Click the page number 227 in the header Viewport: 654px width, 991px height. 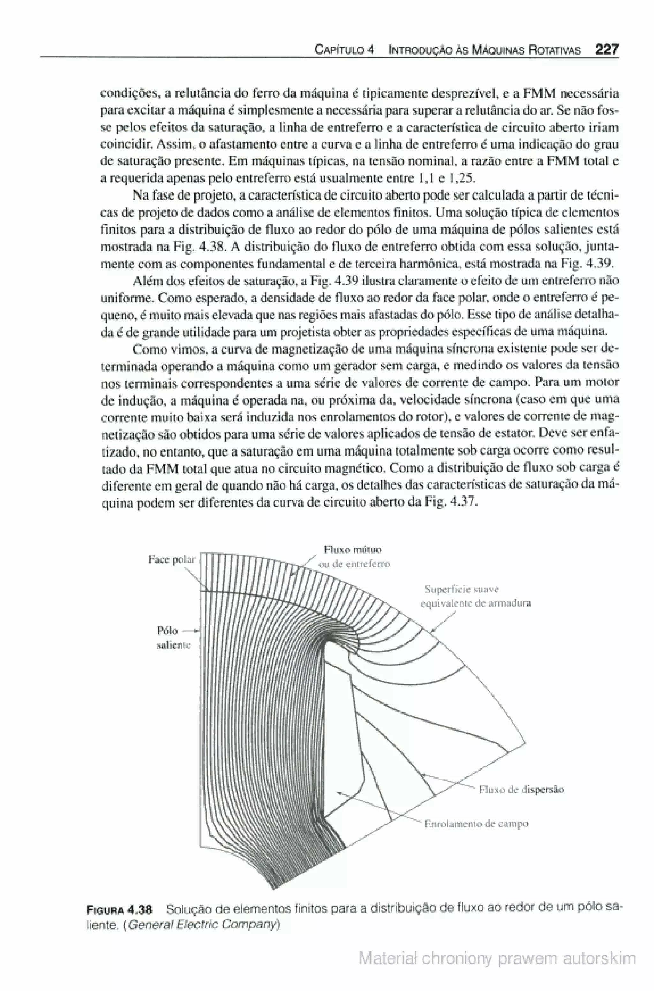(x=606, y=50)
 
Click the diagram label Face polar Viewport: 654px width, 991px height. (x=172, y=559)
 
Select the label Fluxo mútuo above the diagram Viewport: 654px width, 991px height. (x=353, y=549)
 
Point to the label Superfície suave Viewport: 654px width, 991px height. (x=462, y=589)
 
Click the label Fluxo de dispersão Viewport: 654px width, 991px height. (x=521, y=789)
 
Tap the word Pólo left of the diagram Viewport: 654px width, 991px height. (x=167, y=630)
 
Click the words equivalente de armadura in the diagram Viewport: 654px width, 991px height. (x=475, y=603)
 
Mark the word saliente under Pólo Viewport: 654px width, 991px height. (x=173, y=645)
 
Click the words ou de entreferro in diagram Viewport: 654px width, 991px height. (x=354, y=564)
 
